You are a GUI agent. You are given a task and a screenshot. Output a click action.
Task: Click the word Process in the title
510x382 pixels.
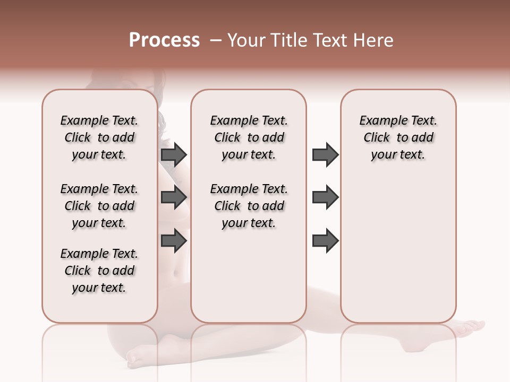(x=164, y=40)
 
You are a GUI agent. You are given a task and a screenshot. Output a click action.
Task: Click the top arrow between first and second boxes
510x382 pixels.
(x=174, y=154)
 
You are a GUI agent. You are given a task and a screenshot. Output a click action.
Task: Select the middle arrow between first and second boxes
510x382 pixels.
(x=174, y=197)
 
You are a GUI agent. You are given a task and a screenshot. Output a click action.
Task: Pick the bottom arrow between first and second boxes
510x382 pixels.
(x=174, y=240)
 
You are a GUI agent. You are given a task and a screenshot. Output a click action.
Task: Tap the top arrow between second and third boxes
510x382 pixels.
(x=325, y=154)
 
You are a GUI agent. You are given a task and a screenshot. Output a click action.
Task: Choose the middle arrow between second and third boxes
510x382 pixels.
(x=325, y=197)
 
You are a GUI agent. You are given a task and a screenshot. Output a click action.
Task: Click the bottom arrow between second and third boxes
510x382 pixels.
(x=325, y=240)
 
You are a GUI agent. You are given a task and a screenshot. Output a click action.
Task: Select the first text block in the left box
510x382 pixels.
(x=99, y=137)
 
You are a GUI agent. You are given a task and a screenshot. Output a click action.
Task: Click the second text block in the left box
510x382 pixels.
(x=99, y=206)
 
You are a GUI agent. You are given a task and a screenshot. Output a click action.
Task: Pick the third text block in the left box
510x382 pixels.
(x=99, y=271)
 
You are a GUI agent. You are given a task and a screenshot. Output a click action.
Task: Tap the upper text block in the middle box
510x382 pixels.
(x=249, y=137)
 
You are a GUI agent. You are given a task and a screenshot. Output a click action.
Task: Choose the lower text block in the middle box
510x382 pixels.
(x=249, y=206)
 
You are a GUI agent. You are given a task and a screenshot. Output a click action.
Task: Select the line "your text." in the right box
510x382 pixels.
(x=398, y=155)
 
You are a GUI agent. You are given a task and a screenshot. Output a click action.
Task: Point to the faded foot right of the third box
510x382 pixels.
(x=470, y=327)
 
